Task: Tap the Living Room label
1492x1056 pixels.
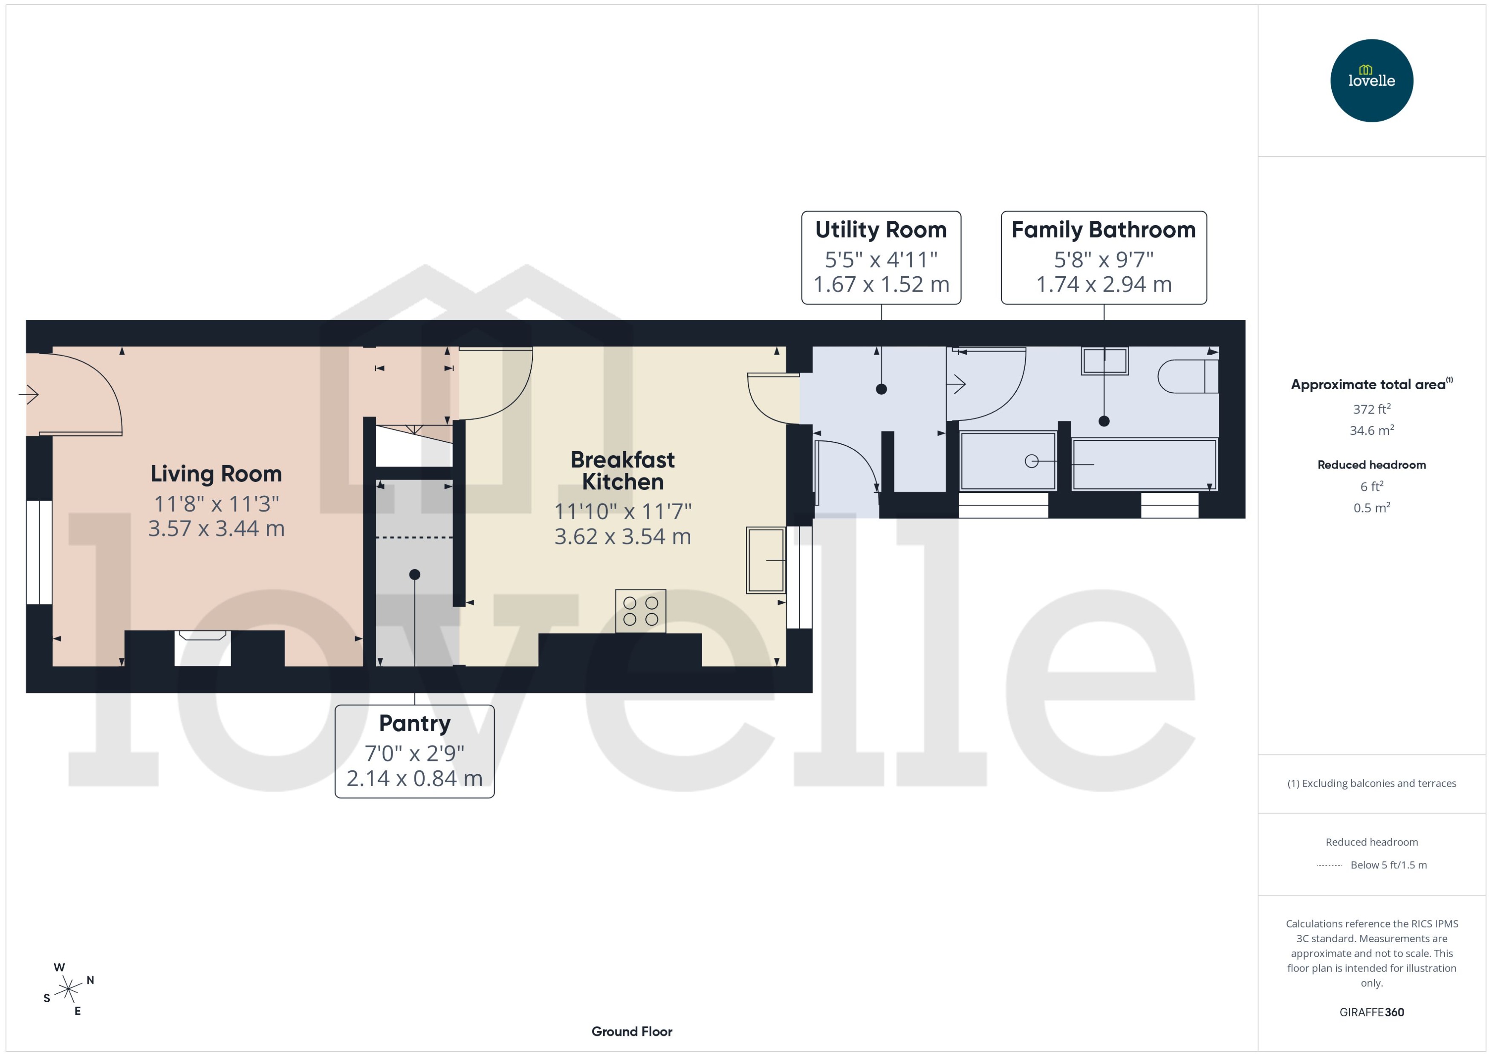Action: (x=217, y=473)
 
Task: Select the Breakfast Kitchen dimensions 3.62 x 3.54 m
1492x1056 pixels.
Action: (x=622, y=536)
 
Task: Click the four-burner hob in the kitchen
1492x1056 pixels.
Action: (x=640, y=610)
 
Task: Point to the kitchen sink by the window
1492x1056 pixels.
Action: (x=766, y=559)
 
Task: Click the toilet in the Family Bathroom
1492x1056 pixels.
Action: (x=1187, y=376)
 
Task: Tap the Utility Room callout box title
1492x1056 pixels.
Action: (x=880, y=229)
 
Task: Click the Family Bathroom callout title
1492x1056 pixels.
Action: (x=1103, y=229)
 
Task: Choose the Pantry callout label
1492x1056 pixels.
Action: (x=414, y=723)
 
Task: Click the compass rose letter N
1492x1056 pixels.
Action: (x=90, y=980)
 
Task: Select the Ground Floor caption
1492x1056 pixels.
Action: (x=631, y=1031)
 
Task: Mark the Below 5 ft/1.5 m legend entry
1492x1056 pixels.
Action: (x=1388, y=865)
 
